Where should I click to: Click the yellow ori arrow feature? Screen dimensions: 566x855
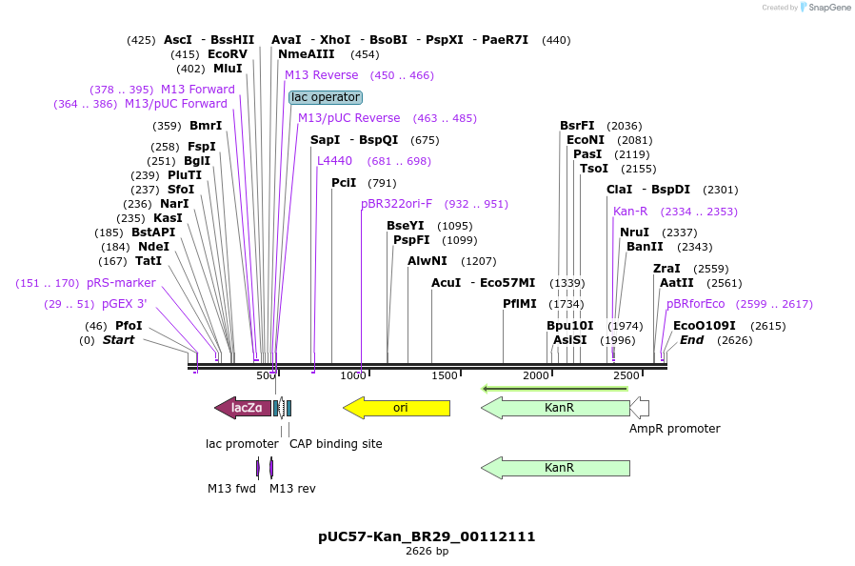(396, 408)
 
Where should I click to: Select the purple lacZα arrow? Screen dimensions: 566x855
(243, 408)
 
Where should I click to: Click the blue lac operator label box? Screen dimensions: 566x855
(326, 97)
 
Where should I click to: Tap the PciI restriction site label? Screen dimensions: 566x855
(344, 183)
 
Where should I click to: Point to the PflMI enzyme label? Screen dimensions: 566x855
(521, 304)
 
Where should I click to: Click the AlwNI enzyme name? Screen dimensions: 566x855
(427, 261)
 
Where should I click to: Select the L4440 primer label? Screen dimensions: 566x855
(334, 161)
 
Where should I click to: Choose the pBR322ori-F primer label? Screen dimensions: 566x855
(396, 204)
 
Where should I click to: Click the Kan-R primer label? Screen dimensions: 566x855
(630, 212)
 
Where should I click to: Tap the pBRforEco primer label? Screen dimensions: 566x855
(695, 304)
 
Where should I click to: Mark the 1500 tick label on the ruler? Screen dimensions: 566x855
(445, 376)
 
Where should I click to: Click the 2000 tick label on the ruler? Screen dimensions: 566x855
(536, 376)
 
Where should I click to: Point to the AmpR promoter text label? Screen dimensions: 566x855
(674, 429)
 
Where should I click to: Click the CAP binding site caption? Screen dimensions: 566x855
(335, 444)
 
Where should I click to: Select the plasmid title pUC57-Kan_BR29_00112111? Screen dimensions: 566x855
(427, 536)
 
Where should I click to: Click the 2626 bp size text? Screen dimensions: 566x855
(427, 552)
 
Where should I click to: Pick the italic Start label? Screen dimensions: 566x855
(118, 340)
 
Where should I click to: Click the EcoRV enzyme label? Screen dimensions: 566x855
(227, 54)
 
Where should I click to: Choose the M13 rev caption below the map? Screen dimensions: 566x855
(292, 489)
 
